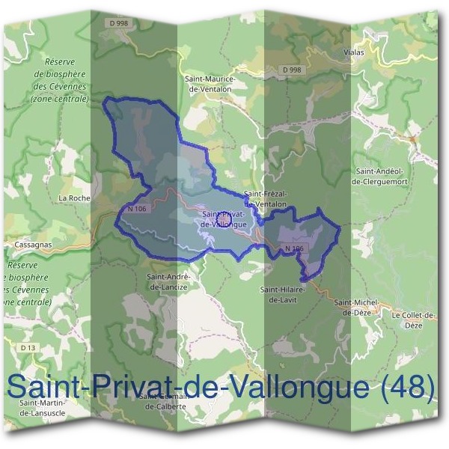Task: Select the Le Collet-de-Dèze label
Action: (x=413, y=320)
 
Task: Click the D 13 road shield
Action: (x=28, y=348)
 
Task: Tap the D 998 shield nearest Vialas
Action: (x=292, y=70)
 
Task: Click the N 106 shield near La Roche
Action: (x=136, y=209)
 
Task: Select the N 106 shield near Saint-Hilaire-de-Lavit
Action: (x=294, y=248)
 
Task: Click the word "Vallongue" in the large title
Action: (x=302, y=386)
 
